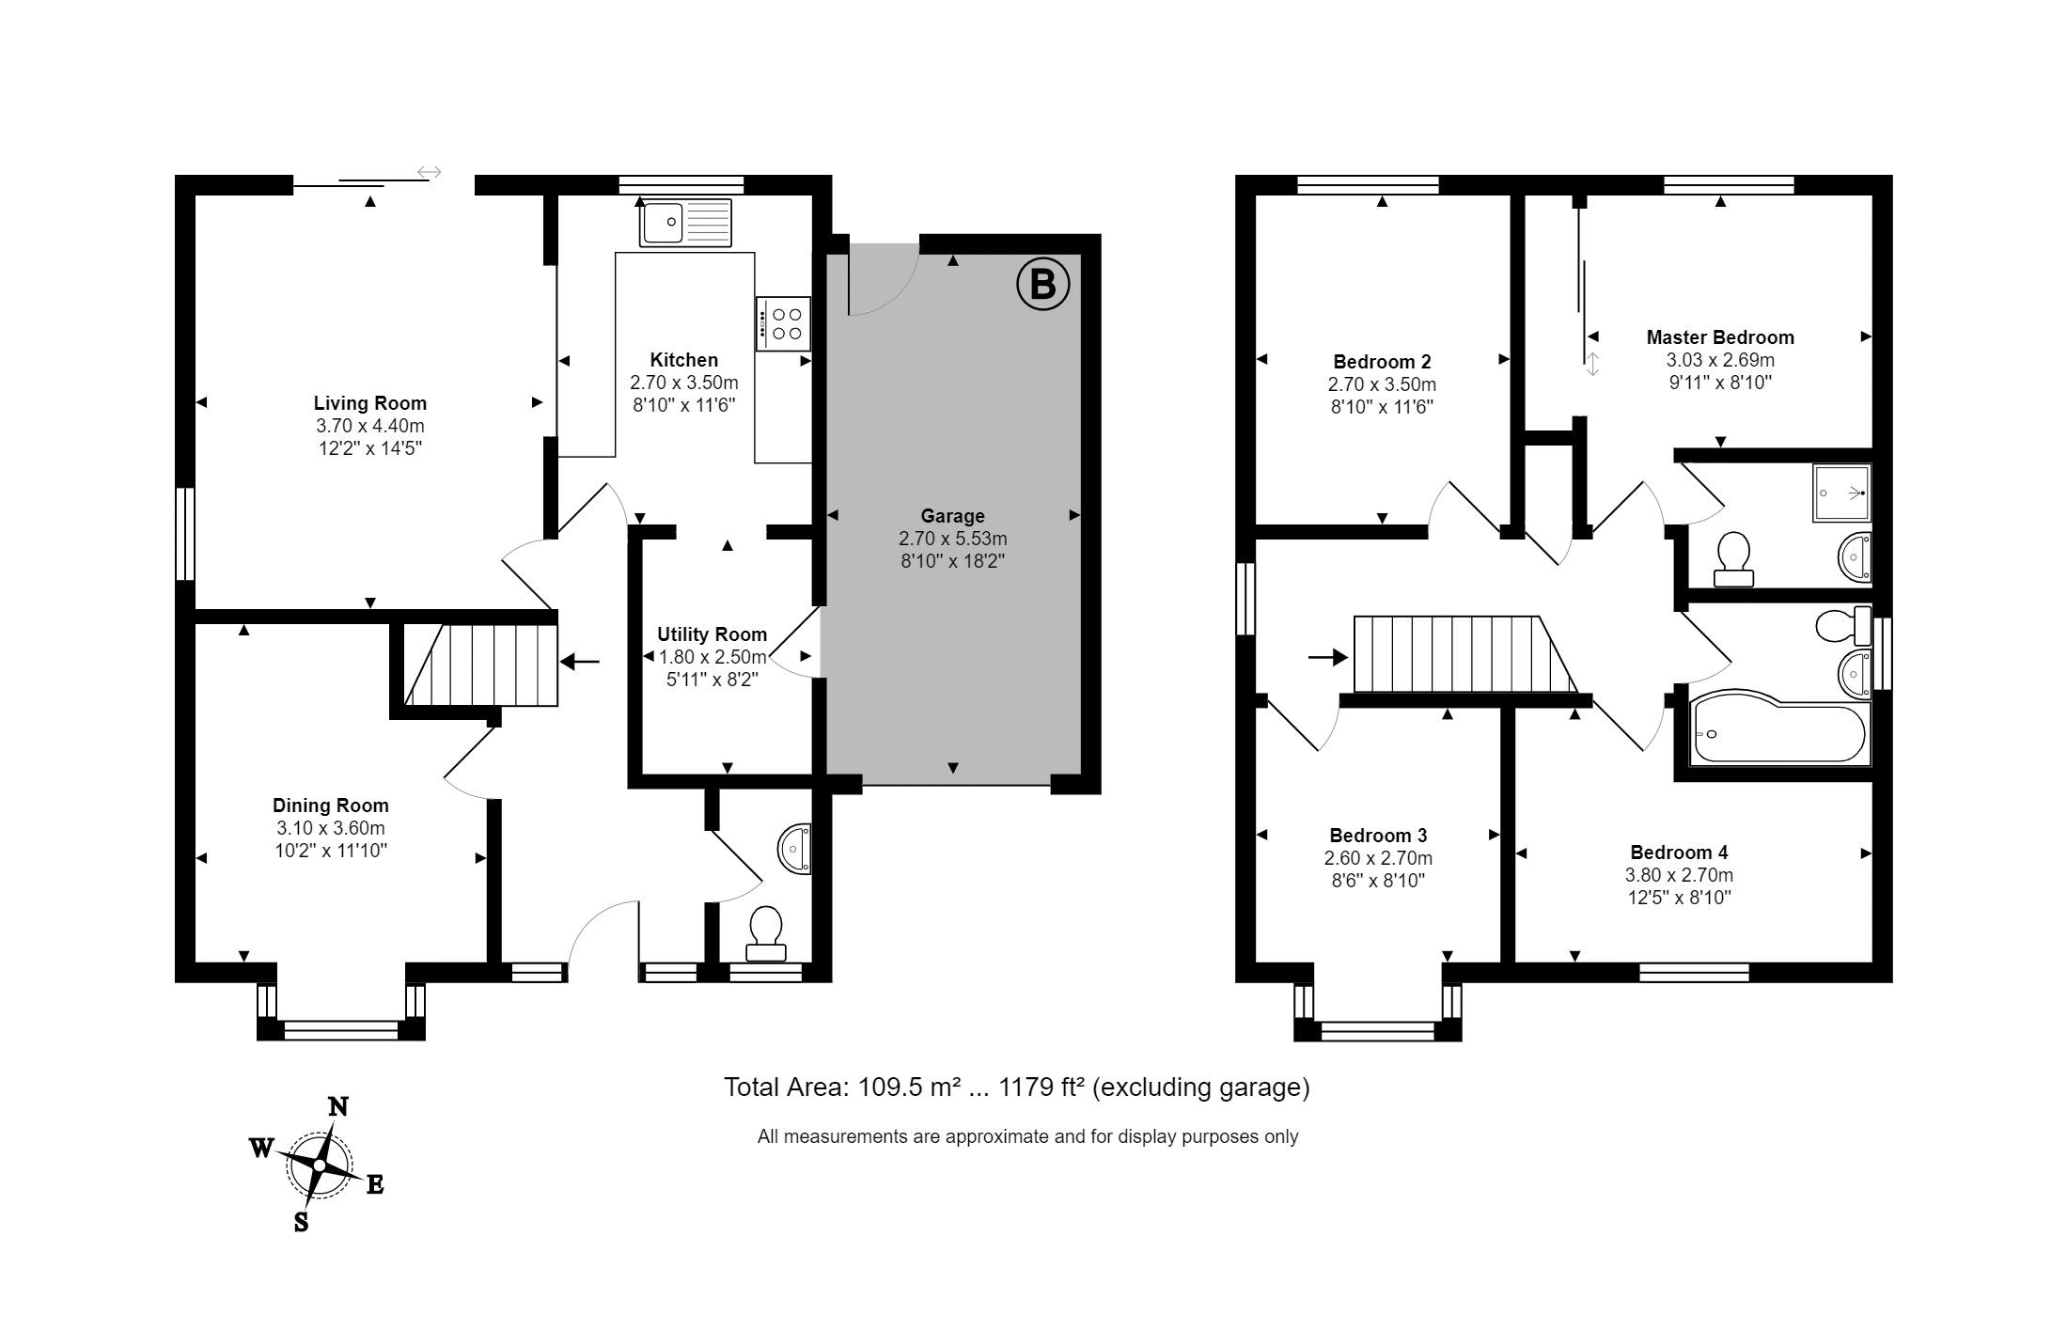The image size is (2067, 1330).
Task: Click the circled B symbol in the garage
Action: click(x=1042, y=283)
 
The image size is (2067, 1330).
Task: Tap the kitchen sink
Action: click(x=685, y=223)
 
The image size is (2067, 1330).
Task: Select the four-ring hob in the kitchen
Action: click(x=783, y=324)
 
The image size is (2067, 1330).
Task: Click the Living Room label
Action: click(x=370, y=403)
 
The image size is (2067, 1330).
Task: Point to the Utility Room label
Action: click(x=712, y=634)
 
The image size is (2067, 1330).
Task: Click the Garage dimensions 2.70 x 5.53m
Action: click(x=953, y=539)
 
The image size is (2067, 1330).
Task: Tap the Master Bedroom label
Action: click(x=1720, y=337)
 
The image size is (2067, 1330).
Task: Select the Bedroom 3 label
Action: click(x=1378, y=836)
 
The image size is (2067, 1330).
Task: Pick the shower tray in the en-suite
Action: click(x=1841, y=493)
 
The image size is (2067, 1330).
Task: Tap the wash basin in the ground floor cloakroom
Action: click(x=794, y=849)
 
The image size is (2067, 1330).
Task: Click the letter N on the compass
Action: click(x=337, y=1107)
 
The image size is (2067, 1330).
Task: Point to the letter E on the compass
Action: click(x=374, y=1184)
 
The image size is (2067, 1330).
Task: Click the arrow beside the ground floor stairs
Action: click(x=580, y=662)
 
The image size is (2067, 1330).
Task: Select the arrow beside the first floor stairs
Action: click(x=1328, y=658)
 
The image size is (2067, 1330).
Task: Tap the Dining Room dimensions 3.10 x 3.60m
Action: click(x=331, y=828)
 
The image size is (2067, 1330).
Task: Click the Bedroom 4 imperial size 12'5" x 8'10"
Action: click(x=1679, y=898)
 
